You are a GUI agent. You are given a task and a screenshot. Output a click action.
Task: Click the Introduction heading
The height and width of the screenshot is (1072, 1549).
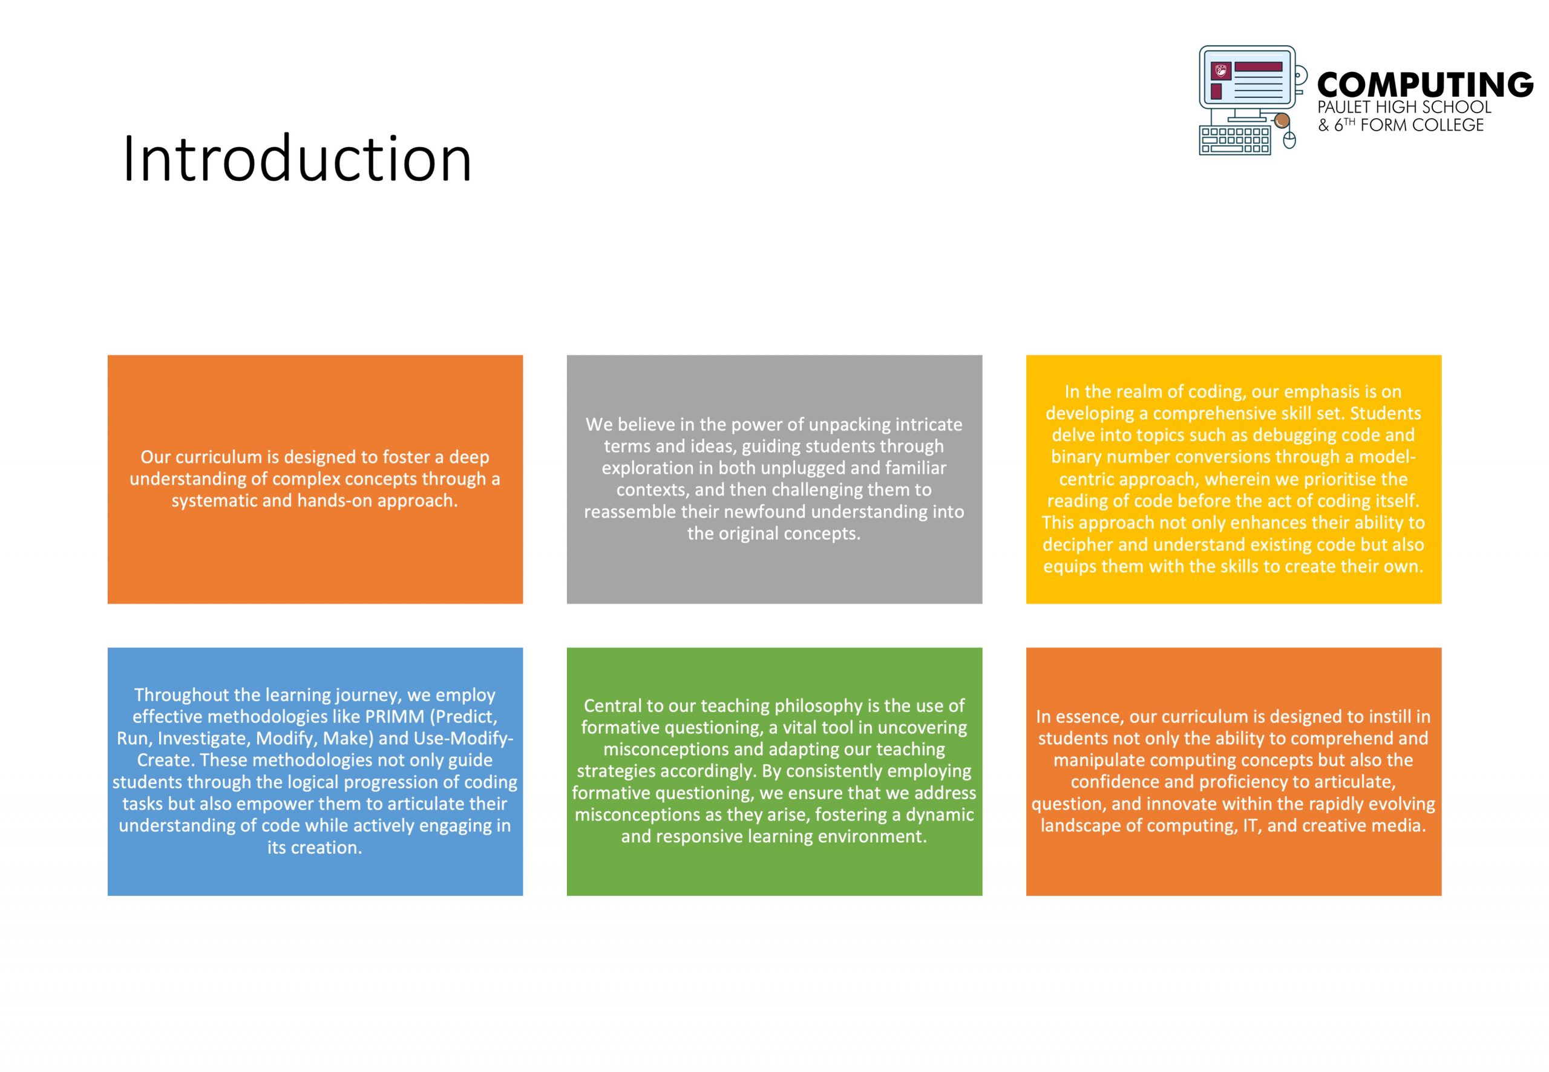[297, 159]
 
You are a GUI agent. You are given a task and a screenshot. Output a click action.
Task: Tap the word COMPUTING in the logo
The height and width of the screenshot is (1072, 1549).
[1426, 85]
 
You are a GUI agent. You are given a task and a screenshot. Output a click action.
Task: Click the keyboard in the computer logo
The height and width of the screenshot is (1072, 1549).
[1234, 140]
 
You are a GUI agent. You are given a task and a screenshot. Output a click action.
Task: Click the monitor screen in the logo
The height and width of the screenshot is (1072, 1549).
[1248, 81]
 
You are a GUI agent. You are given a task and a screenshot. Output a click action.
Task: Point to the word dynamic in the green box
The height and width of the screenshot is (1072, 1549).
[940, 815]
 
